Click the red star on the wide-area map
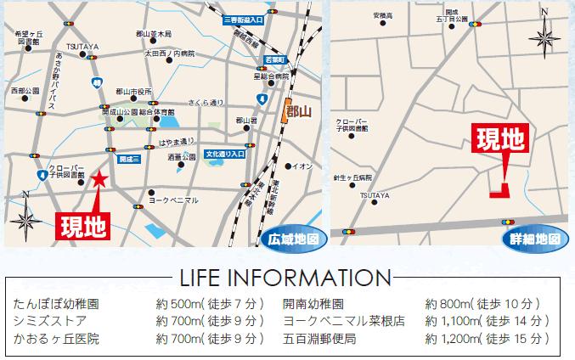point(100,178)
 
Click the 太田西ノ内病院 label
point(169,53)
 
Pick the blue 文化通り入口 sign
point(224,155)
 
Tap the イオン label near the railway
point(302,166)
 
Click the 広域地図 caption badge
point(293,239)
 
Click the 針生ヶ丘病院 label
point(352,179)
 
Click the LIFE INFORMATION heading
point(287,278)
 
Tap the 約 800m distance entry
point(481,303)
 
